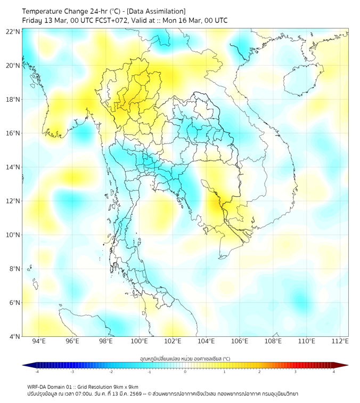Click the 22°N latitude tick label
coord(13,31)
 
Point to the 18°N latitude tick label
coord(13,99)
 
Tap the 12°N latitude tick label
coord(13,201)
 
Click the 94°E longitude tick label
coord(39,341)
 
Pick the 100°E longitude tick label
coord(139,341)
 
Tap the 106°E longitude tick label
coord(240,341)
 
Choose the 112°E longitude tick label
coord(340,341)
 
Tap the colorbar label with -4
coord(36,372)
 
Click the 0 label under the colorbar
coord(185,372)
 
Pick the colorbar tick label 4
coord(333,372)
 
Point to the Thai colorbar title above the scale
coord(185,358)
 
